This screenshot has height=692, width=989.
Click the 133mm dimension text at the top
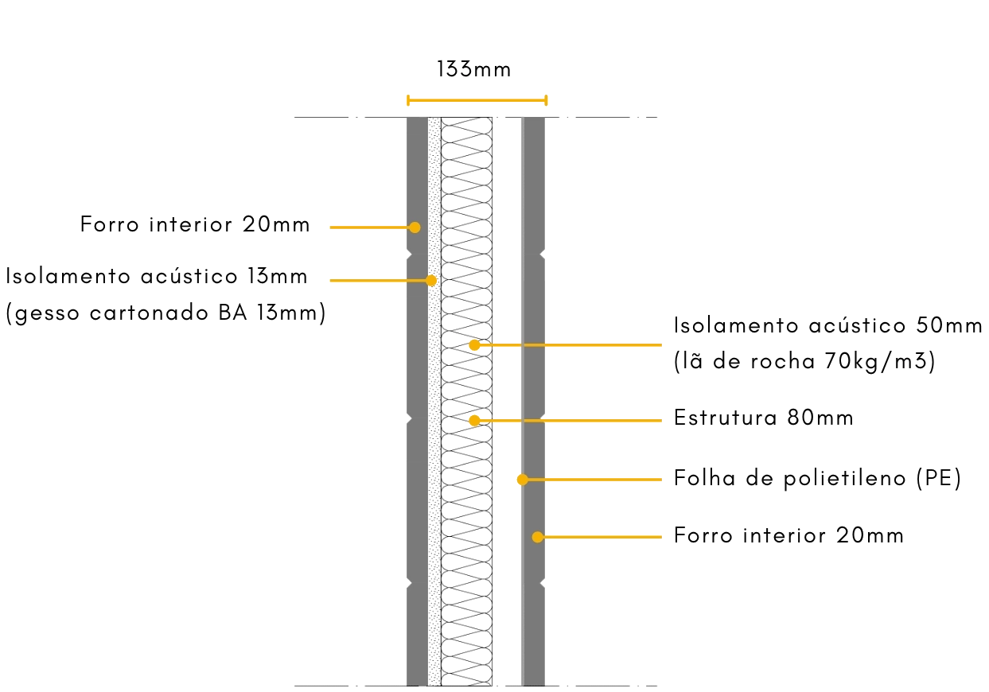473,70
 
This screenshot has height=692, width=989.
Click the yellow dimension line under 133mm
476,100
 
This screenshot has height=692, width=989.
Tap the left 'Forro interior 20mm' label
194,225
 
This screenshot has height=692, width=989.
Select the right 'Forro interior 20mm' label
788,536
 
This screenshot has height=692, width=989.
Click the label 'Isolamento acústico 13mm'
156,278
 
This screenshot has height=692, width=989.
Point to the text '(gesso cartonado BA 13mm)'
165,314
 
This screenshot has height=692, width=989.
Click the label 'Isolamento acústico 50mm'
828,326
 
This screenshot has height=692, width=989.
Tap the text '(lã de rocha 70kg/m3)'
804,363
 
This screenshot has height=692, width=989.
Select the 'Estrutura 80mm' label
763,418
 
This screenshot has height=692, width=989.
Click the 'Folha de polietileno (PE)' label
817,479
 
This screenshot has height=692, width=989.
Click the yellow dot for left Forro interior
415,227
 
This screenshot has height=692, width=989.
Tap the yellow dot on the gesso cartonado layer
431,280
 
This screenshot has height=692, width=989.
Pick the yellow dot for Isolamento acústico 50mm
474,345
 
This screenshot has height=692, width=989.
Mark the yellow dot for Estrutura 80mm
474,420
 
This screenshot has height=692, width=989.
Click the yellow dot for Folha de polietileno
522,480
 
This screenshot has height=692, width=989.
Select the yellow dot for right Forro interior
538,538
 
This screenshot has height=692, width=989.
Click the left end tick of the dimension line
407,100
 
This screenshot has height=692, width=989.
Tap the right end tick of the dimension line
546,100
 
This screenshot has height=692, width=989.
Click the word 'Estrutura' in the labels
723,418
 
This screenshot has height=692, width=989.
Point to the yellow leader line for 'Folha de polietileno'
593,480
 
